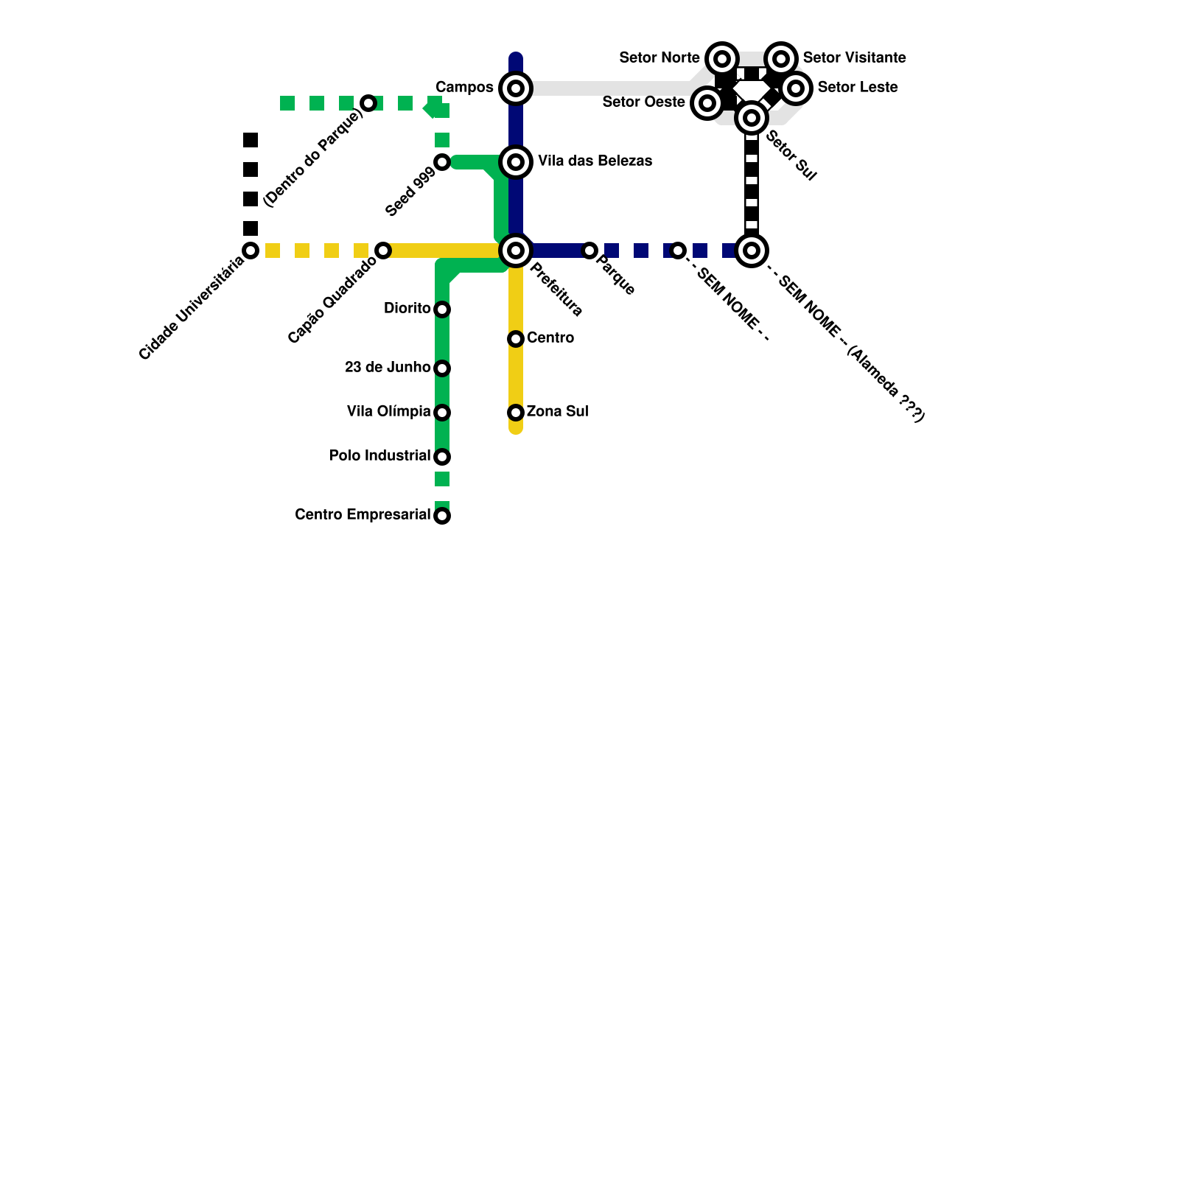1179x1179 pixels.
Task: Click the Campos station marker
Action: (516, 88)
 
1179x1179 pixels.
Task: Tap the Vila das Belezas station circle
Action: (516, 162)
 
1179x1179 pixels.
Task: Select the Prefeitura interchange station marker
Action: (516, 251)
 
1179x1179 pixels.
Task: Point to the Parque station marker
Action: (589, 251)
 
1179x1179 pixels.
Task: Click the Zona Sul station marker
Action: (516, 413)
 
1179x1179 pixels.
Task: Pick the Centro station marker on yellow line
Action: (516, 339)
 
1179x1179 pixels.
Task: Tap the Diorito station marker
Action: (442, 309)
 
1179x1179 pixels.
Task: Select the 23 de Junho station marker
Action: (442, 368)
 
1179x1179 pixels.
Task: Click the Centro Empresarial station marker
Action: (442, 516)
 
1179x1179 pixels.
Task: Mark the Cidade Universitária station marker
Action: (251, 251)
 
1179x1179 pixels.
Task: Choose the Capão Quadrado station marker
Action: (383, 251)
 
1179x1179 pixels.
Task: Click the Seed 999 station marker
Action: (442, 162)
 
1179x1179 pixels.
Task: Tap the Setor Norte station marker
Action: (722, 59)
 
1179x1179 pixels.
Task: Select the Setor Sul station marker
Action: (752, 118)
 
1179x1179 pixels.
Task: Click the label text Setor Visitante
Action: (854, 57)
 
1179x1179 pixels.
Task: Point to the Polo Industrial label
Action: (379, 456)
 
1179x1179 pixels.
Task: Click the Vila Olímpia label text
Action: (388, 412)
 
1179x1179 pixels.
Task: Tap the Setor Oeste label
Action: (643, 102)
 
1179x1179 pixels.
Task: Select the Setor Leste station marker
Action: (796, 88)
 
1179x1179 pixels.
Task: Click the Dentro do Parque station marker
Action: (368, 103)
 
